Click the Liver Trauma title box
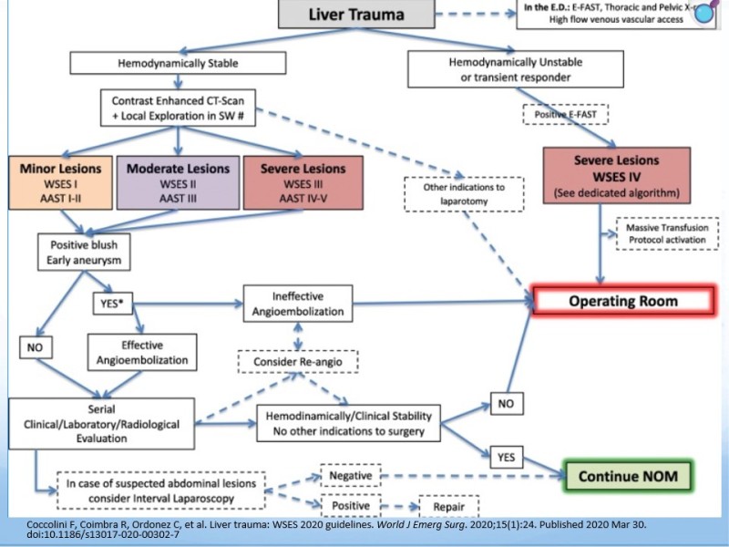coord(355,15)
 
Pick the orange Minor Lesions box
coord(61,182)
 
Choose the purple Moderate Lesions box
coord(178,182)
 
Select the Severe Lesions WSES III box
coord(303,182)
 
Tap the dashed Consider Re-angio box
coord(297,362)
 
